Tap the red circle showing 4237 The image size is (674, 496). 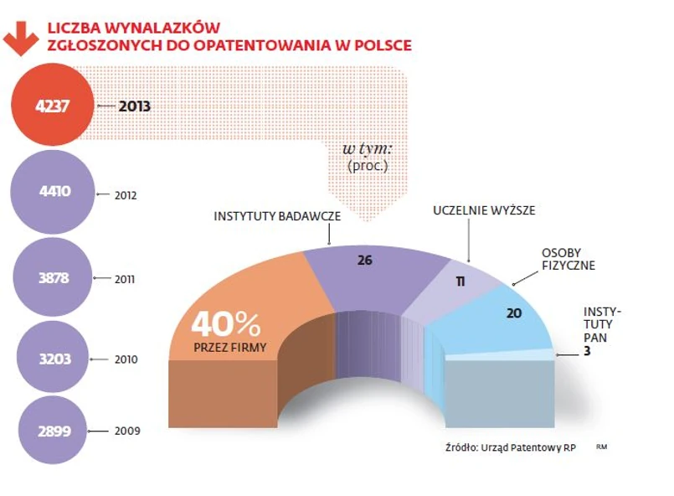(54, 106)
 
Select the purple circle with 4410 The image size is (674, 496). (54, 191)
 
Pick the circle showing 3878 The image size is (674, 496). (54, 277)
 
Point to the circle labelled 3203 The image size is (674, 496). (54, 359)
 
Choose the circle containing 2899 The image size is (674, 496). (54, 431)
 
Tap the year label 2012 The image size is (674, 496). (125, 195)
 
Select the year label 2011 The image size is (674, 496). (125, 278)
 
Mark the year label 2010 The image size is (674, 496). (125, 360)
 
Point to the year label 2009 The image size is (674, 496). (125, 431)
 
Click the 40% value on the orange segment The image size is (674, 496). (226, 323)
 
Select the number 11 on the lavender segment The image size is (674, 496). (460, 281)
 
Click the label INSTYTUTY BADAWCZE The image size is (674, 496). (277, 215)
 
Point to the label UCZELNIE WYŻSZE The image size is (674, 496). (483, 210)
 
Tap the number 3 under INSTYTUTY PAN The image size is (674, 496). (588, 353)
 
